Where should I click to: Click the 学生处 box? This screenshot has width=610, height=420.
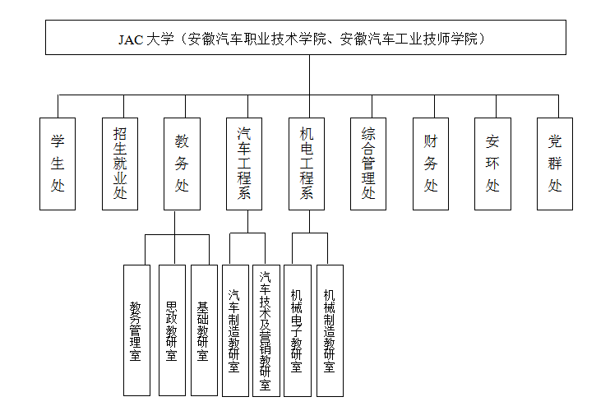point(58,164)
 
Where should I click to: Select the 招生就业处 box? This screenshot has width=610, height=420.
point(120,164)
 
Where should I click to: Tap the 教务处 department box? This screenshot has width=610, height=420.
point(182,164)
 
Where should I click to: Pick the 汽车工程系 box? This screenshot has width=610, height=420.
point(244,164)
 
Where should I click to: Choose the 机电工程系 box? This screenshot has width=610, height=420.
point(307,164)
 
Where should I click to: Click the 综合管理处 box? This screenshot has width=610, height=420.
point(368,164)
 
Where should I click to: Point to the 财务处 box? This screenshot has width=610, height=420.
point(431,164)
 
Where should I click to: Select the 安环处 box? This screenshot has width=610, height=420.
point(493,164)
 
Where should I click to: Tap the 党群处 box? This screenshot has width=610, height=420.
point(555,164)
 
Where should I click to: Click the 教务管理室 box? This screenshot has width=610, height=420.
point(137,330)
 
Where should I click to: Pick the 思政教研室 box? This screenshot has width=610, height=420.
point(173,330)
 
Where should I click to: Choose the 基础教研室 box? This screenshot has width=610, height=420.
point(204,330)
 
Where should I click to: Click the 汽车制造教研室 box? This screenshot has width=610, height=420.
point(235,330)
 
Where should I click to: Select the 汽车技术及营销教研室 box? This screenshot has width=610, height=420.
point(266,330)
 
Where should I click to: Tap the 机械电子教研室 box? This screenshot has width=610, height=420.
point(298,330)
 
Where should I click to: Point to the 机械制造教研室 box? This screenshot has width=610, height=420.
point(330,330)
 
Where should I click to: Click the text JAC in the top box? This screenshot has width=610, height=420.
point(131,39)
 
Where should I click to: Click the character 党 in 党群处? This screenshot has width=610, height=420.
point(555,141)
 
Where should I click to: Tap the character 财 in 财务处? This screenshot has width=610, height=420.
point(431,141)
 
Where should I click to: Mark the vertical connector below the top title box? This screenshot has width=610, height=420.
point(310,75)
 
